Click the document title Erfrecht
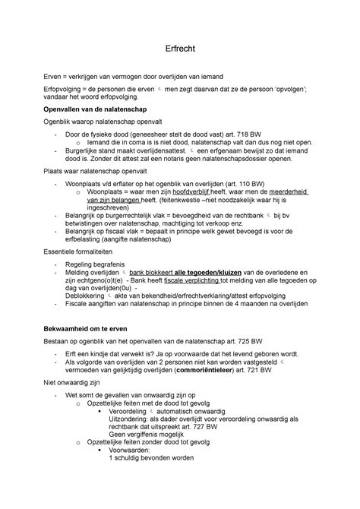coord(180,48)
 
